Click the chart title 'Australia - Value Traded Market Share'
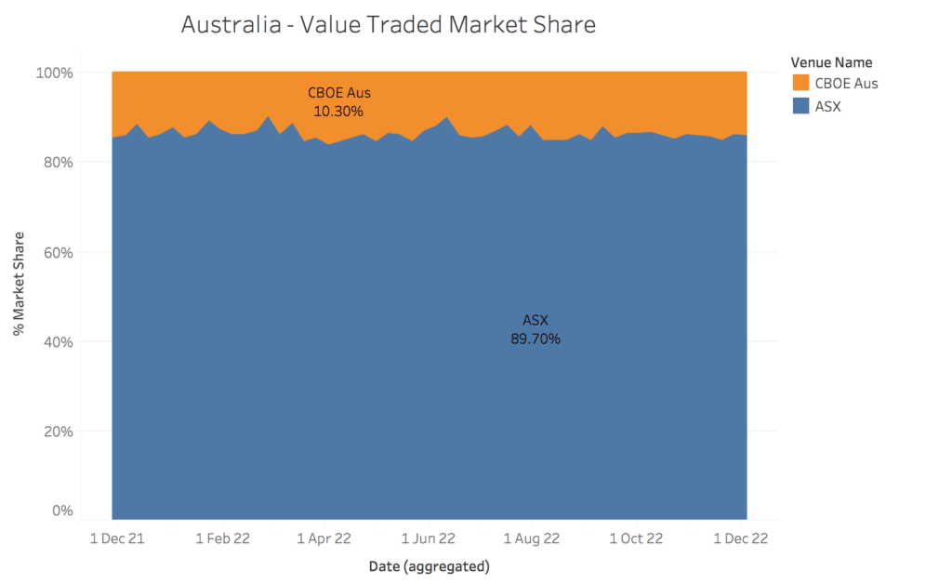click(x=388, y=25)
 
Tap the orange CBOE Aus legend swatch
click(x=800, y=83)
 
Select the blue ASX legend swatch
click(x=800, y=106)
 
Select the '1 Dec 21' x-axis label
click(x=117, y=538)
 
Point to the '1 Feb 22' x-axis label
click(x=222, y=538)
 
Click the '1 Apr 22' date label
click(x=324, y=538)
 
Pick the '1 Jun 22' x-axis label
click(x=429, y=538)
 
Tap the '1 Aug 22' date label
click(x=532, y=538)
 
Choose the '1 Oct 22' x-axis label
click(x=637, y=538)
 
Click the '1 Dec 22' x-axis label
click(x=740, y=538)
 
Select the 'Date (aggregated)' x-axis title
click(x=429, y=565)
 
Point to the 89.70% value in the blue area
click(x=535, y=339)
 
